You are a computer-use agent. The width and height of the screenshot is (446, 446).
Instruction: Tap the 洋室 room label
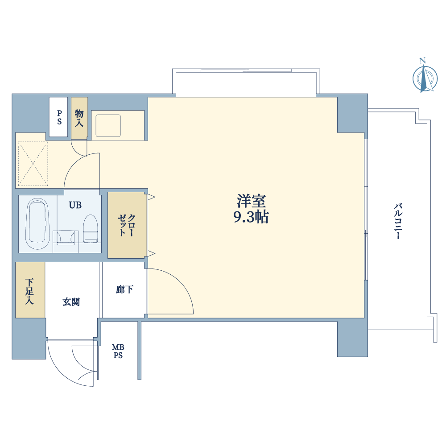pyautogui.click(x=251, y=201)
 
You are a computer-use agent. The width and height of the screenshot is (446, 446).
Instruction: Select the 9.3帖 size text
pyautogui.click(x=251, y=217)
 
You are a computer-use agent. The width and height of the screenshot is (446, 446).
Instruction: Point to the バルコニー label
pyautogui.click(x=398, y=221)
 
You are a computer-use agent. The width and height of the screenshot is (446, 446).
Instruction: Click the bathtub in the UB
pyautogui.click(x=37, y=224)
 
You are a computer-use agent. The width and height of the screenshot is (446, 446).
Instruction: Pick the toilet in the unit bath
pyautogui.click(x=91, y=229)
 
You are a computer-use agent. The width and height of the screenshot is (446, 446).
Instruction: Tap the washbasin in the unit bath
pyautogui.click(x=66, y=238)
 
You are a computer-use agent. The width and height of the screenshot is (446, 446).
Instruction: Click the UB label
pyautogui.click(x=75, y=205)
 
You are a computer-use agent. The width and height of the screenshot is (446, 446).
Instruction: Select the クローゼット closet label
pyautogui.click(x=127, y=225)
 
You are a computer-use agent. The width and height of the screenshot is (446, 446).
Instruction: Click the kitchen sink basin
pyautogui.click(x=108, y=126)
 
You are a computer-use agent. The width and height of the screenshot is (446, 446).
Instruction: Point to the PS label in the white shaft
pyautogui.click(x=59, y=117)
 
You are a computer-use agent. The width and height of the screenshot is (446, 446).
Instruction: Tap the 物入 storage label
pyautogui.click(x=79, y=118)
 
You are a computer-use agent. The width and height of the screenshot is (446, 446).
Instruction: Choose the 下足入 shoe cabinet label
pyautogui.click(x=29, y=291)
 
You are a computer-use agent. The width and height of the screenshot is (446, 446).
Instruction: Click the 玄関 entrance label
pyautogui.click(x=71, y=302)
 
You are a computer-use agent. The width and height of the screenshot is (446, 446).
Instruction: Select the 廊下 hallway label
pyautogui.click(x=124, y=289)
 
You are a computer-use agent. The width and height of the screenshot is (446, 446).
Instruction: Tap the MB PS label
pyautogui.click(x=118, y=351)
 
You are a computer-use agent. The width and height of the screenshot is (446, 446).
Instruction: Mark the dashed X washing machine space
pyautogui.click(x=33, y=164)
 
